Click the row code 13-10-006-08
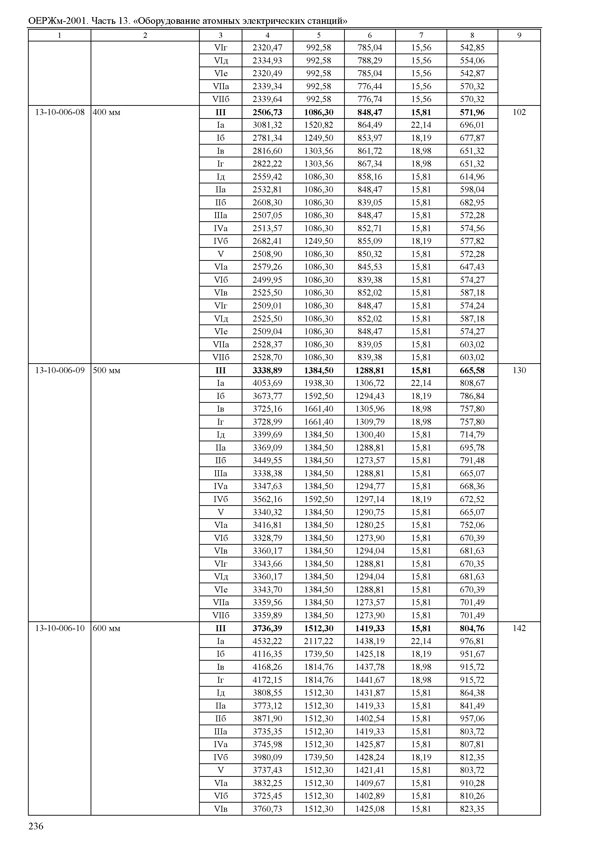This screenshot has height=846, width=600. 60,112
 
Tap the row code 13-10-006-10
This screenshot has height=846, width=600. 60,628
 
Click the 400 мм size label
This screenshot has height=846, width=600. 107,112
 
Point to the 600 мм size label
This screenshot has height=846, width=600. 107,628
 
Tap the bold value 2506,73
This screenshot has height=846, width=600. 267,112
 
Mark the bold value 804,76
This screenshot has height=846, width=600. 472,628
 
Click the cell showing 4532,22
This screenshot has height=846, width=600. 267,641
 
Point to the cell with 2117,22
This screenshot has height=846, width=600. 319,641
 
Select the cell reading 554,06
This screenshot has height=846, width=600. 472,60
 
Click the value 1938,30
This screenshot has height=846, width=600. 319,383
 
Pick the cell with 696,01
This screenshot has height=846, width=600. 472,125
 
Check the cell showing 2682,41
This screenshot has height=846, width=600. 267,241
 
